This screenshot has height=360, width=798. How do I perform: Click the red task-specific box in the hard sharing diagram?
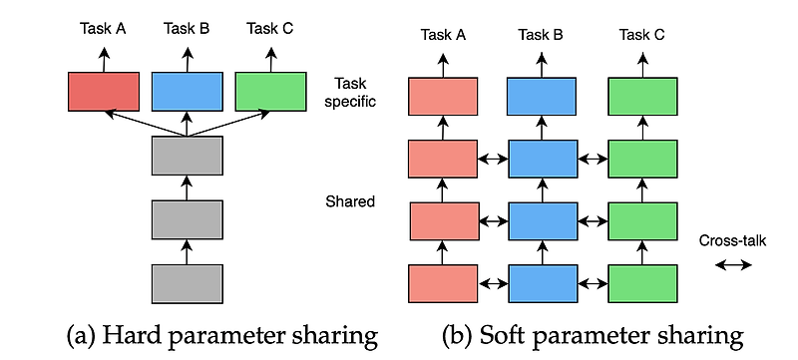tap(103, 91)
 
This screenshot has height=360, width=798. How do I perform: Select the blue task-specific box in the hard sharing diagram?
tap(186, 91)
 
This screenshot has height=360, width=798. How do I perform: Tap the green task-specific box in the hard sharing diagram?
tap(269, 91)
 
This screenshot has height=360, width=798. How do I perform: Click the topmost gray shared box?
tap(186, 156)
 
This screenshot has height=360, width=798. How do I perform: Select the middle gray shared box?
tap(186, 218)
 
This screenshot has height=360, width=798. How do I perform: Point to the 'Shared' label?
tap(349, 202)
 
